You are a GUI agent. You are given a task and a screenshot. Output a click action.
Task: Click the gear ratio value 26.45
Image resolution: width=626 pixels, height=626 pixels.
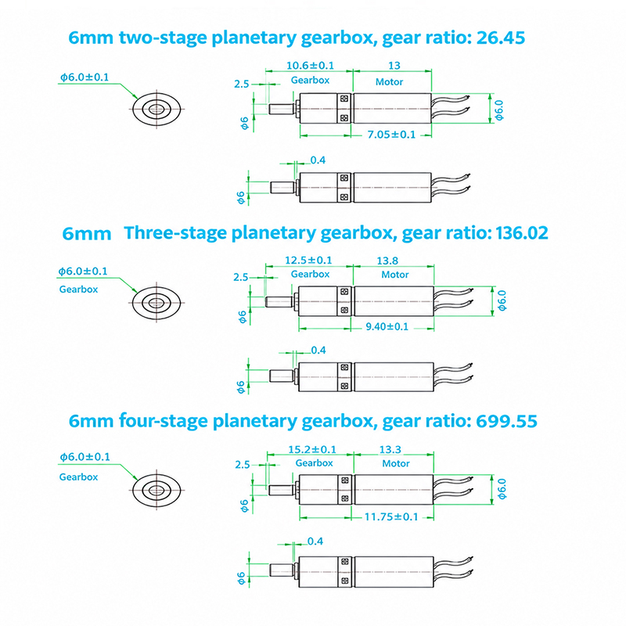[x=501, y=38]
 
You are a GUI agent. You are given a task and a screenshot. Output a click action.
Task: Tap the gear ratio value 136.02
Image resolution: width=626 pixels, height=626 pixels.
[x=522, y=233]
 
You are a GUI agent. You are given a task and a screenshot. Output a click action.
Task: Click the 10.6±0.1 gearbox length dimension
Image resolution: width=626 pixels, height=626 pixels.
[x=310, y=66]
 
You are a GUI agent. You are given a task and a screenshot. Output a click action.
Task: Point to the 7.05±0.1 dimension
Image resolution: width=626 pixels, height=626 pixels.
[x=391, y=135]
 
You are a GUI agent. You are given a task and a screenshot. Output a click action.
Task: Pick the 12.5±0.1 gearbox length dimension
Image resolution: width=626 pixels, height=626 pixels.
[x=308, y=261]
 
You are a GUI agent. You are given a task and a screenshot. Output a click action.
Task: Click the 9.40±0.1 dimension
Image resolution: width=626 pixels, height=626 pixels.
[x=387, y=326]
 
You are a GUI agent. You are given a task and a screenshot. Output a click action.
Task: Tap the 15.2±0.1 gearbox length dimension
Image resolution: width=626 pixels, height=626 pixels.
[x=312, y=449]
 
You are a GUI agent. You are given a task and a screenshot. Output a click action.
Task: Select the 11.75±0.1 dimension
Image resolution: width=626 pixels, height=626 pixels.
[x=391, y=517]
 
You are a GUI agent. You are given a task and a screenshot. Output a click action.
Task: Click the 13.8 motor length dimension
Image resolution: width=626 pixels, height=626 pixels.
[x=387, y=261]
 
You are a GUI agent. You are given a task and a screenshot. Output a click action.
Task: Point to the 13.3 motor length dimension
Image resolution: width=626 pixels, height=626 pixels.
[x=390, y=449]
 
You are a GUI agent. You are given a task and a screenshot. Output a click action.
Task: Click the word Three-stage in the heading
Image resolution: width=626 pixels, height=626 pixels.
[x=175, y=233]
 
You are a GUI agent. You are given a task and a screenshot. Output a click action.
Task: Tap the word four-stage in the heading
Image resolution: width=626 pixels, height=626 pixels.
[x=164, y=421]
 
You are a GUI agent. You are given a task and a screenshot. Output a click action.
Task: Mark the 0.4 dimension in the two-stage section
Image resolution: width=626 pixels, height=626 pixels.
[x=318, y=160]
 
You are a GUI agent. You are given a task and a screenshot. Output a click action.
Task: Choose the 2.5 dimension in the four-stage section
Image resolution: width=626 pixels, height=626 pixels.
[x=242, y=465]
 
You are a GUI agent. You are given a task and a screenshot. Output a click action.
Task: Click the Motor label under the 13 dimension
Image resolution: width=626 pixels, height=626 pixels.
[x=389, y=82]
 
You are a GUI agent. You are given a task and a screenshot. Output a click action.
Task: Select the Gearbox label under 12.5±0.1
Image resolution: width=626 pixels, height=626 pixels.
[x=310, y=275]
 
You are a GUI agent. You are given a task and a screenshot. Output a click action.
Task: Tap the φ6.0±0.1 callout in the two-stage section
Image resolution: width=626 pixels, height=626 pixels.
[x=85, y=77]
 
